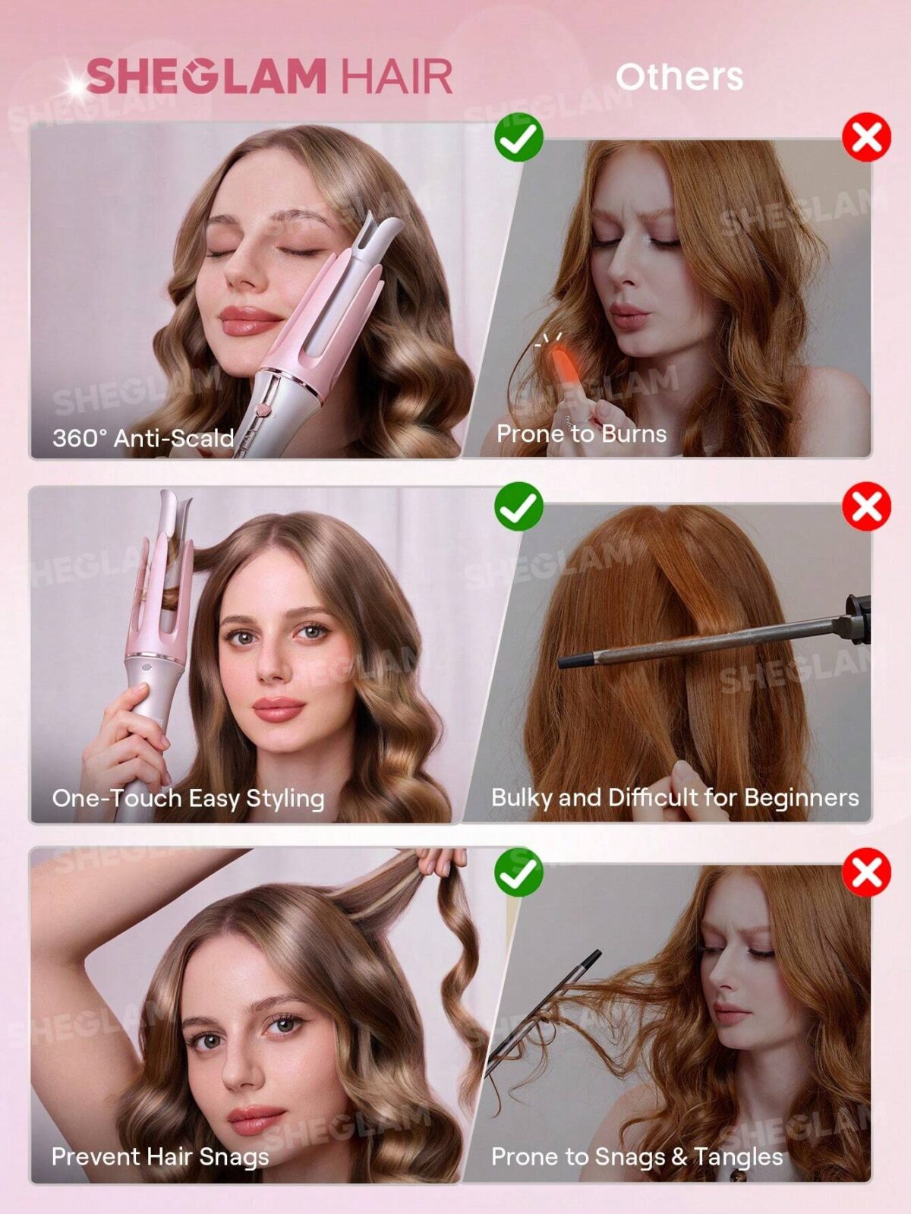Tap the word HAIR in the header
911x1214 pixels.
396,77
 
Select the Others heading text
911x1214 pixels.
679,77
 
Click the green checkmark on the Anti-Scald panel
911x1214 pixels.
519,137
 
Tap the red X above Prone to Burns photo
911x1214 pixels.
866,137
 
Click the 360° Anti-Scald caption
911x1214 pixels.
143,438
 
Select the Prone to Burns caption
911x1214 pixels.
582,434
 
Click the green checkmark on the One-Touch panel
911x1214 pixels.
519,506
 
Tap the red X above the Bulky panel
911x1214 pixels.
866,506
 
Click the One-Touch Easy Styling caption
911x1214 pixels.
188,798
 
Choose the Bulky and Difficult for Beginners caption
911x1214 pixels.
674,797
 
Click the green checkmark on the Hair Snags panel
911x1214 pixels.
519,872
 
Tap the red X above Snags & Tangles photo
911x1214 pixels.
866,872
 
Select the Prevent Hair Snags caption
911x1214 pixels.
159,1156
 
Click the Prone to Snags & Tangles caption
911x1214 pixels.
636,1156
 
